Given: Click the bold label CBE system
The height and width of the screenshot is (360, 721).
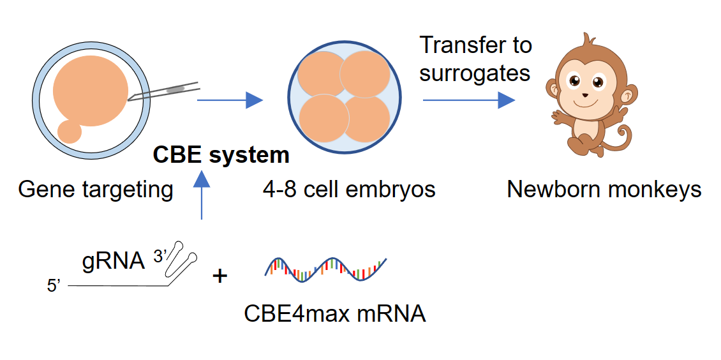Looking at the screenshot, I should [x=221, y=155].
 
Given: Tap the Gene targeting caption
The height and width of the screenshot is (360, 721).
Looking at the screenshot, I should [x=96, y=190].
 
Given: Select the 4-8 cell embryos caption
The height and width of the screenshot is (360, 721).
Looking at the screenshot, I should [x=348, y=190].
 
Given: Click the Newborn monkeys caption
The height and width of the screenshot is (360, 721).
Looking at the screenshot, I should [x=604, y=190].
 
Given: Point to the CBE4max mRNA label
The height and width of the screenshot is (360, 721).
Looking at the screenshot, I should [x=334, y=314].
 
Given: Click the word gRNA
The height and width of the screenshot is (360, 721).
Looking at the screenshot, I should [x=114, y=261].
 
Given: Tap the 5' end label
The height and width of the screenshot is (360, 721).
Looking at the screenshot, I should [x=54, y=287].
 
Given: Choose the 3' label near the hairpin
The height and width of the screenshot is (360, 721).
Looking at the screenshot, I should [x=163, y=255].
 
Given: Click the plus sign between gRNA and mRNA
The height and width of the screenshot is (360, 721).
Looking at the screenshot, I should [x=219, y=276].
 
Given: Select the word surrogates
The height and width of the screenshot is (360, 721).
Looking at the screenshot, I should [x=475, y=73].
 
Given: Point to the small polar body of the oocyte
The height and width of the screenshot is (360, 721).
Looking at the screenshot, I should [x=70, y=131].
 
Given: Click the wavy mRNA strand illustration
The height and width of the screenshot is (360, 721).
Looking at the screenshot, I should [x=325, y=269].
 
